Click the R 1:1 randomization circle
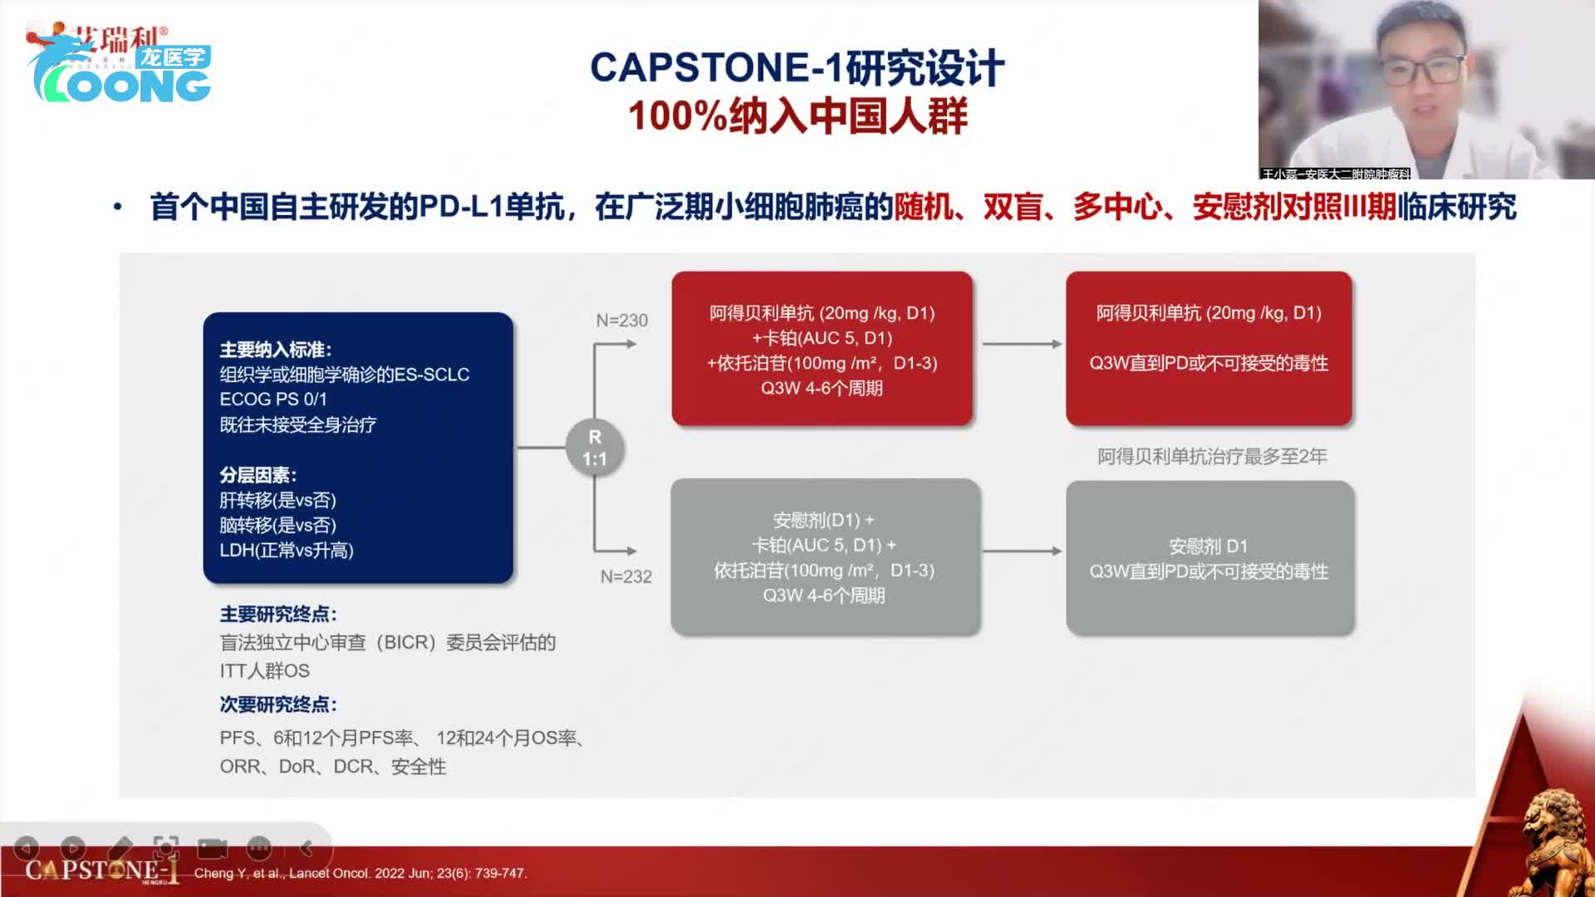595,448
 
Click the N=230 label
621,321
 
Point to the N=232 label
626,576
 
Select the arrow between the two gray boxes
1022,551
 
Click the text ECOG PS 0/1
273,399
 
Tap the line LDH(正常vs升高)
287,551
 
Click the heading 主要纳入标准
275,350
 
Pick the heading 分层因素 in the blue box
258,475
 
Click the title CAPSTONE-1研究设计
797,68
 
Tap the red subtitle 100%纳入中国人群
797,116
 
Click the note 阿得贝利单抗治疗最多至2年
1211,457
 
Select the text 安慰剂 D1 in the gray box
1208,547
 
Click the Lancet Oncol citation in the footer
361,873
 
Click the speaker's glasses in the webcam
1422,68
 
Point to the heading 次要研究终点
277,705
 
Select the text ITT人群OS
264,671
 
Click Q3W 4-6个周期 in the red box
822,389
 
